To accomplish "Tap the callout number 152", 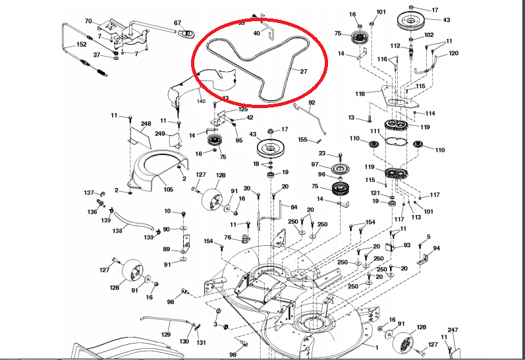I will pyautogui.click(x=81, y=44).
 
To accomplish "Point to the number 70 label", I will pyautogui.click(x=89, y=22).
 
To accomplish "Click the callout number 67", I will pyautogui.click(x=177, y=23).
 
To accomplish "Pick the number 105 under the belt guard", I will pyautogui.click(x=168, y=189).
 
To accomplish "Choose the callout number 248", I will pyautogui.click(x=146, y=123).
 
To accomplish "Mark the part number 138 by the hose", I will pyautogui.click(x=118, y=231).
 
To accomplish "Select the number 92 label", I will pyautogui.click(x=312, y=103).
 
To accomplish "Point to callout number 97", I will pyautogui.click(x=315, y=164).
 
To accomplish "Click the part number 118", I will pyautogui.click(x=360, y=94).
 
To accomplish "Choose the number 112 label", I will pyautogui.click(x=395, y=45).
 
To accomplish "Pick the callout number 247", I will pyautogui.click(x=453, y=329).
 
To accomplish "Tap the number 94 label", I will pyautogui.click(x=436, y=249).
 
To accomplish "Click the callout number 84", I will pyautogui.click(x=294, y=207).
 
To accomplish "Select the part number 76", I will pyautogui.click(x=227, y=237).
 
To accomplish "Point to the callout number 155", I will pyautogui.click(x=303, y=140).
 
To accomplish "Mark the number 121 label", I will pyautogui.click(x=374, y=193).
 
